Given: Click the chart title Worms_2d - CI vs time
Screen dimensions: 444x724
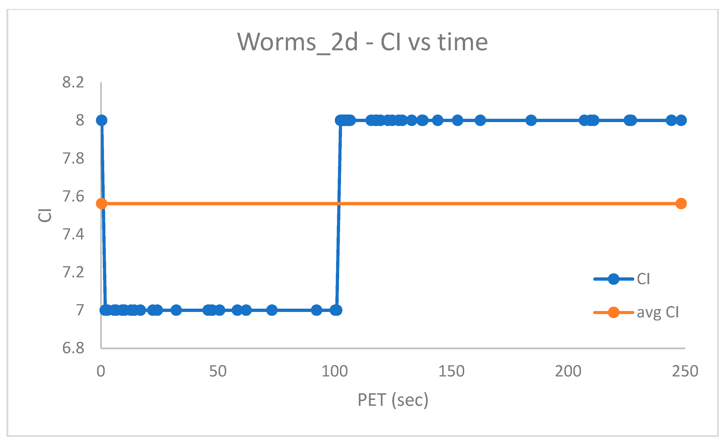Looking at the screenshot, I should (x=362, y=42).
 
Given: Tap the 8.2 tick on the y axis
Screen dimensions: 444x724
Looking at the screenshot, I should (x=73, y=82).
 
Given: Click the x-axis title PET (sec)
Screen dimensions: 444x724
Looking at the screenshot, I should (x=393, y=400).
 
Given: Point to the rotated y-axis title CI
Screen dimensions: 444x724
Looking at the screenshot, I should (x=45, y=215).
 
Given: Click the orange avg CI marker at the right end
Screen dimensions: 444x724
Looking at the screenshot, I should (x=681, y=203).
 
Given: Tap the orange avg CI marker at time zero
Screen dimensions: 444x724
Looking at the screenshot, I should (x=101, y=203).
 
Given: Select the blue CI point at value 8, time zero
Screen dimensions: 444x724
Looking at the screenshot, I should (x=101, y=120).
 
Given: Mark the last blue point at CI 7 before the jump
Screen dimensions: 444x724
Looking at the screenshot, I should (x=336, y=310).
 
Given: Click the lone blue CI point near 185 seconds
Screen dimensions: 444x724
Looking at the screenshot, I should (x=531, y=120).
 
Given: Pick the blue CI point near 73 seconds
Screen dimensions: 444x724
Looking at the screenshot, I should (x=272, y=310).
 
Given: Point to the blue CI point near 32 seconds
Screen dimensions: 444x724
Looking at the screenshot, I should (x=176, y=310).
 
